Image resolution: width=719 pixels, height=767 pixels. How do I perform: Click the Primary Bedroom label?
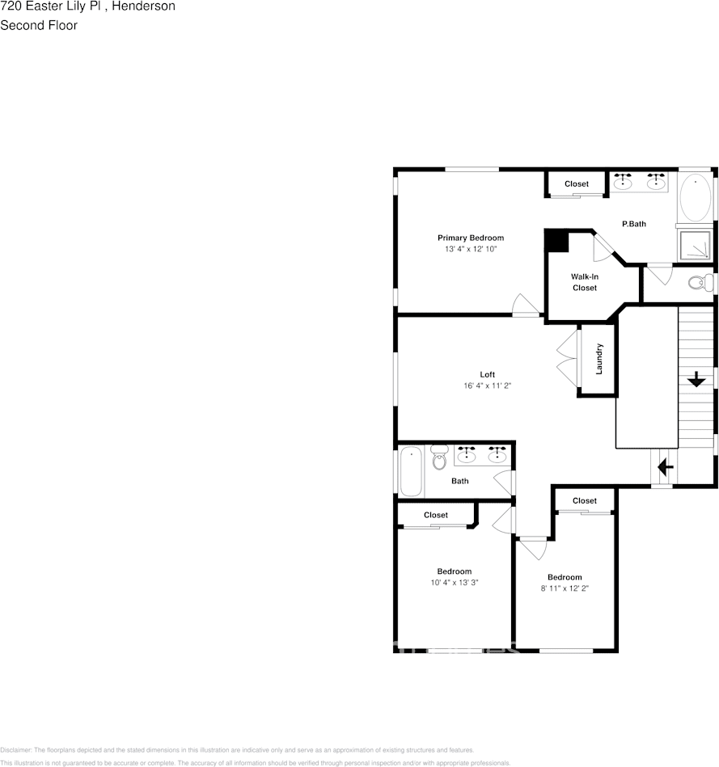(x=470, y=238)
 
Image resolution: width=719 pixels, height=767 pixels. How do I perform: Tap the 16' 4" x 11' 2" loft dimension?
(x=487, y=386)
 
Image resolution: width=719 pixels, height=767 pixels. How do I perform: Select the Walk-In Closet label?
(x=584, y=282)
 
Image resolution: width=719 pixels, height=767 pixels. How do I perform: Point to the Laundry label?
(x=599, y=359)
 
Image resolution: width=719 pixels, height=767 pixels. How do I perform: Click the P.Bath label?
(x=633, y=224)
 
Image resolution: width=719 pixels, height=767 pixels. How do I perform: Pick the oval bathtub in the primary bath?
(x=694, y=197)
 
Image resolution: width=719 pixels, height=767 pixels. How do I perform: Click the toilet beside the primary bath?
(x=697, y=282)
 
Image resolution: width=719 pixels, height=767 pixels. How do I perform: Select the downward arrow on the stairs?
(x=695, y=378)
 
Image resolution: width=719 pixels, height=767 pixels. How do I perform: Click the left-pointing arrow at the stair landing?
(x=665, y=467)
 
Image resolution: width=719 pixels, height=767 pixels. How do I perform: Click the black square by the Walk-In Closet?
(x=556, y=242)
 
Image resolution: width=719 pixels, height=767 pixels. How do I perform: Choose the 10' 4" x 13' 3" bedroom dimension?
(x=454, y=583)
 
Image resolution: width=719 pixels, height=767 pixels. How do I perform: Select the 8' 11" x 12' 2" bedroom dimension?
(x=564, y=588)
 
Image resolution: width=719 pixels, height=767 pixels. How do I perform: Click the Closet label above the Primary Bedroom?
(x=577, y=184)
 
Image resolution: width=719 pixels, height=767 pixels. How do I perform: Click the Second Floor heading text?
(x=39, y=25)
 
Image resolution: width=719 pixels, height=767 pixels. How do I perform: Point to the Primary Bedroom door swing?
(x=525, y=305)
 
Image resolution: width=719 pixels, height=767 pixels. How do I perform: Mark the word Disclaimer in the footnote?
(x=15, y=750)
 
